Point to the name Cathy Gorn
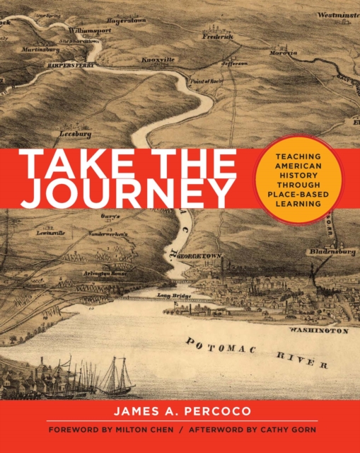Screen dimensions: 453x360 click(x=283, y=430)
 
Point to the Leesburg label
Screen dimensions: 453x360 click(x=76, y=132)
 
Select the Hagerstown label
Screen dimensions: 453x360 click(x=126, y=21)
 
